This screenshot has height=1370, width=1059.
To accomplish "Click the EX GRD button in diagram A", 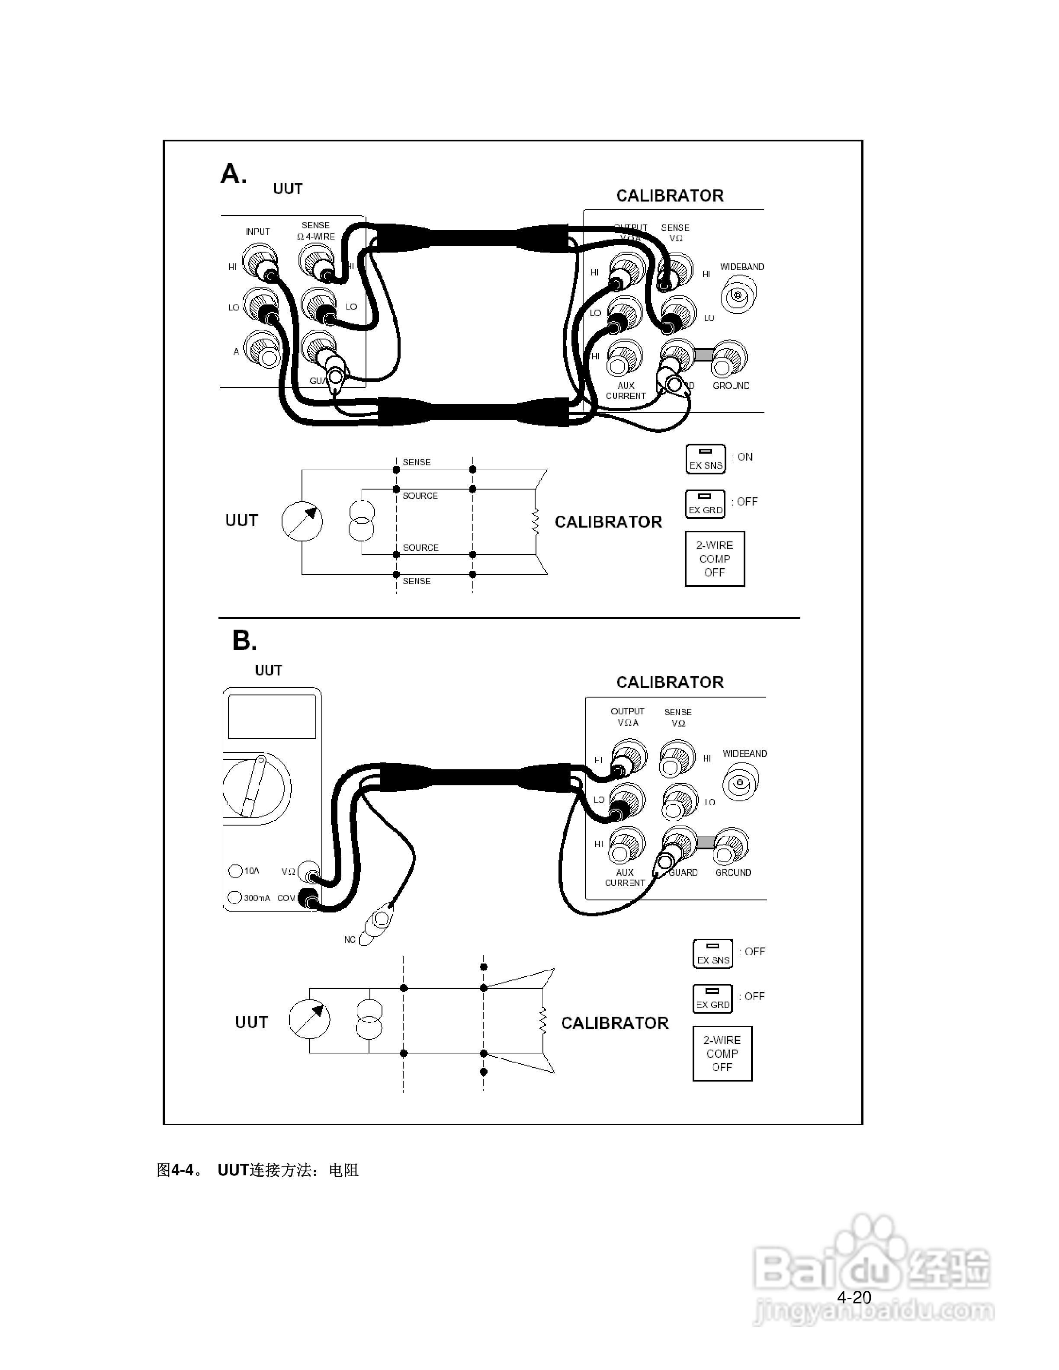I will point(705,504).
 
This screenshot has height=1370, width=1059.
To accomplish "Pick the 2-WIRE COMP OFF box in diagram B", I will point(722,1053).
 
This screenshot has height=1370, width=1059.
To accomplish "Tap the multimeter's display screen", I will point(272,717).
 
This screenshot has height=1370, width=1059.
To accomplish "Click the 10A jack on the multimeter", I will point(235,871).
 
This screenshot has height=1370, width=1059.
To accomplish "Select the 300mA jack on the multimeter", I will point(234,898).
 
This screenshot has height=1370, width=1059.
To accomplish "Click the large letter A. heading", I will point(233,174).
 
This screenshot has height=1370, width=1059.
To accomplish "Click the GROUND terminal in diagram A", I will point(730,358).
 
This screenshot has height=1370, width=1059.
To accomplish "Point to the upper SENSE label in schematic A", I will point(417,462).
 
